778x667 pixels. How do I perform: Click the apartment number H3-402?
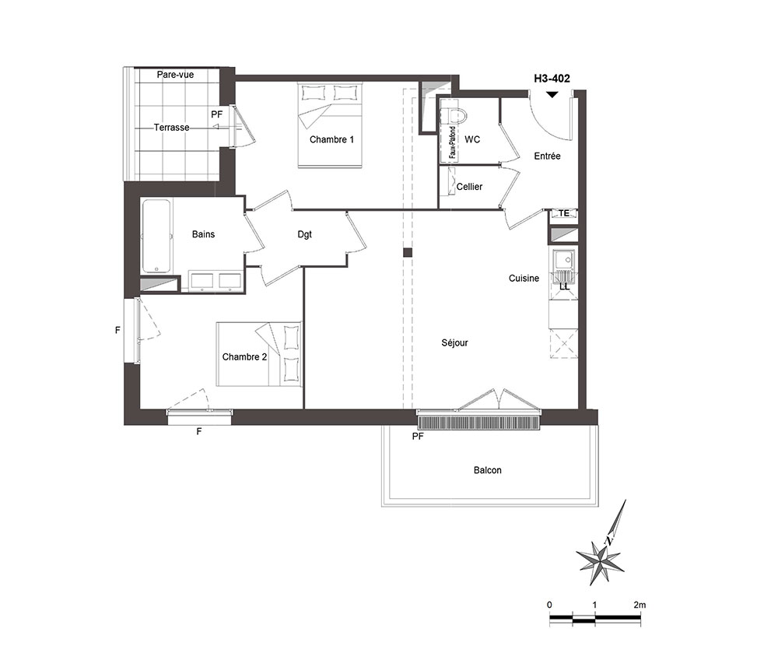(x=552, y=79)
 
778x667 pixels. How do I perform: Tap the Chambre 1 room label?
(x=332, y=139)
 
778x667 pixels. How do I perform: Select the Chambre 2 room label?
(x=244, y=356)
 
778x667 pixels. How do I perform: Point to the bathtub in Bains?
(x=157, y=237)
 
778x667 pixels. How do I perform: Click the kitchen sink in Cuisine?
(x=563, y=259)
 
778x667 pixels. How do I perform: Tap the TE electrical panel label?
(x=563, y=213)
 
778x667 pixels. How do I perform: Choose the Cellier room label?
(x=469, y=187)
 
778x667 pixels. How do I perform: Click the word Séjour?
(x=454, y=343)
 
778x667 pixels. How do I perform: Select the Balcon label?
(x=488, y=470)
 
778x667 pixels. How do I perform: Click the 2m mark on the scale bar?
(x=640, y=605)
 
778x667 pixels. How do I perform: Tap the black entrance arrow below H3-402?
(x=552, y=94)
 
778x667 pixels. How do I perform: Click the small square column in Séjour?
(x=408, y=253)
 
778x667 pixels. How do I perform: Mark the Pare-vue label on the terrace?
(x=175, y=75)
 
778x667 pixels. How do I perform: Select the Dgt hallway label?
(x=305, y=234)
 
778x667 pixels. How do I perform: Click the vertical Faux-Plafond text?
(x=453, y=142)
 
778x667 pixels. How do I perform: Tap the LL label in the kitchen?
(x=565, y=287)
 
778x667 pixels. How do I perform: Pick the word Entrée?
(x=547, y=156)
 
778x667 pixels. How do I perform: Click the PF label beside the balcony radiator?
(x=418, y=436)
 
